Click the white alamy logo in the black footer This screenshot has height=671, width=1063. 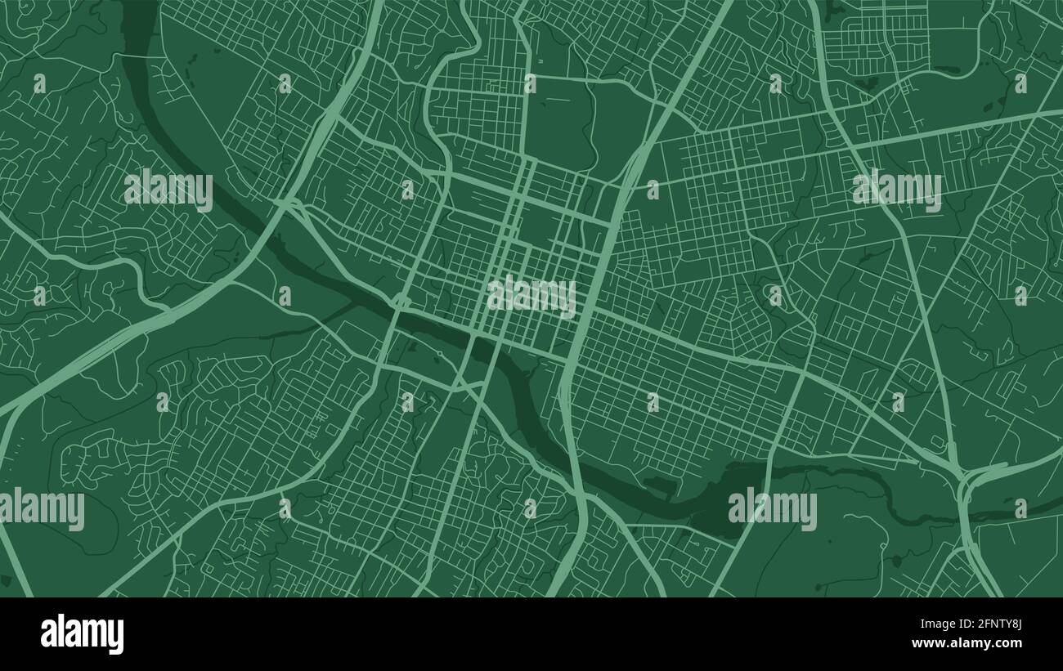tap(82, 634)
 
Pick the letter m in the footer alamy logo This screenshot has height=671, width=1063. tap(92, 634)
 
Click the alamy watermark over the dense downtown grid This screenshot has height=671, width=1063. tap(531, 296)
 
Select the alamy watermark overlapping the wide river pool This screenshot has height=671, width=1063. tap(772, 508)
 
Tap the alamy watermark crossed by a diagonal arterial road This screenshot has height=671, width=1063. tap(896, 189)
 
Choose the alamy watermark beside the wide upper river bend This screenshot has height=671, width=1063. tap(168, 190)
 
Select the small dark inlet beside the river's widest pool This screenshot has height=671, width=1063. tap(658, 485)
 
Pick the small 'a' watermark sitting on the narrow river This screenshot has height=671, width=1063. tap(1020, 508)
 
